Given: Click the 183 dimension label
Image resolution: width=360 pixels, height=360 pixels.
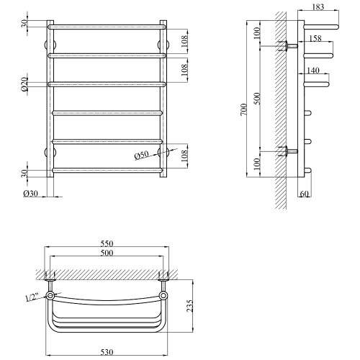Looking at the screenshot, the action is click(x=318, y=7).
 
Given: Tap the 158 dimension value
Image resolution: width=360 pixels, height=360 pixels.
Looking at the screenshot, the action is click(x=315, y=38).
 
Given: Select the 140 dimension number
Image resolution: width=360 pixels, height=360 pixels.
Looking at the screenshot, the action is click(x=313, y=71).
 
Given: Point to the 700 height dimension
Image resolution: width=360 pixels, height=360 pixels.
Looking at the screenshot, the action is click(x=244, y=109).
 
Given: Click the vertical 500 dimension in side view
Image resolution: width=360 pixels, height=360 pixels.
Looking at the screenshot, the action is click(x=257, y=98).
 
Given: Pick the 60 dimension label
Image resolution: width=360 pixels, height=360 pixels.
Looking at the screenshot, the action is click(x=304, y=194).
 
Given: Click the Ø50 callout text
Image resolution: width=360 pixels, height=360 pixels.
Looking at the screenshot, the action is click(x=142, y=156).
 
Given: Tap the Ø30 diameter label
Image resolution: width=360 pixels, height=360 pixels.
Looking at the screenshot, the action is click(x=30, y=194).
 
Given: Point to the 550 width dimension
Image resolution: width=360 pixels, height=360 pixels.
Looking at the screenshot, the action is click(x=107, y=243).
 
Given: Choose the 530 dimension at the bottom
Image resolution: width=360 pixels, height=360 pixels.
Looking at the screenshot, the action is click(x=107, y=352).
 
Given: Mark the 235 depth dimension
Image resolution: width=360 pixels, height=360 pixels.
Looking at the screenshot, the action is click(x=189, y=305).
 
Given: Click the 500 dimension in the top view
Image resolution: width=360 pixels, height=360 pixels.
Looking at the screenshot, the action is click(x=107, y=253).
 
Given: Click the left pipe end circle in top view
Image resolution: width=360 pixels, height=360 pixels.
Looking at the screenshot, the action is click(x=50, y=295).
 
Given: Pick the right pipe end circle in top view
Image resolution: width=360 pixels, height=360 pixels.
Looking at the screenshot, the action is click(x=163, y=295).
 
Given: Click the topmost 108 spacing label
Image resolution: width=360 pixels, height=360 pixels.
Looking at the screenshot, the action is click(x=184, y=41).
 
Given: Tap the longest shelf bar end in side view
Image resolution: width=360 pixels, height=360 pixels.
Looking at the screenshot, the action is click(x=336, y=27).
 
